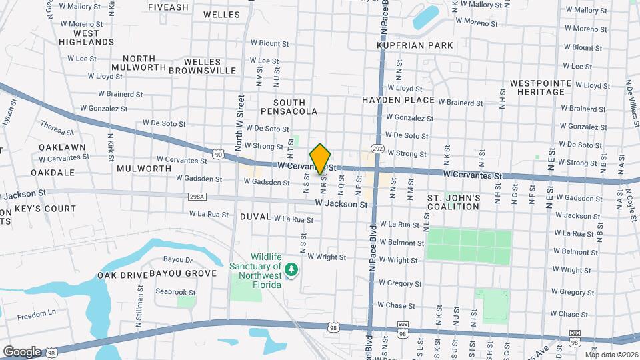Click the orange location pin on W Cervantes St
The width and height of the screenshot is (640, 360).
click(x=321, y=159)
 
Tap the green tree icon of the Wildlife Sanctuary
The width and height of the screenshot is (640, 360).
click(x=291, y=269)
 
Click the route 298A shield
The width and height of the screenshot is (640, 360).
click(x=197, y=197)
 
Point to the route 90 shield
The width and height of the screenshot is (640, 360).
click(x=219, y=155)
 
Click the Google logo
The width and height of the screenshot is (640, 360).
click(x=22, y=351)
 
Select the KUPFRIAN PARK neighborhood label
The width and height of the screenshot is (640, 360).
click(x=415, y=45)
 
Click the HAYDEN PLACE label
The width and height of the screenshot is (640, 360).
click(x=398, y=100)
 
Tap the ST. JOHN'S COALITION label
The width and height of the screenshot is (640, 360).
click(x=453, y=203)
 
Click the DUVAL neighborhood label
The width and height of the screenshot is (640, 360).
click(x=255, y=217)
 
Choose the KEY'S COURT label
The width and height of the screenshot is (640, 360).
click(x=45, y=209)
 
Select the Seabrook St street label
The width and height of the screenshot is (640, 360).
click(x=175, y=291)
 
